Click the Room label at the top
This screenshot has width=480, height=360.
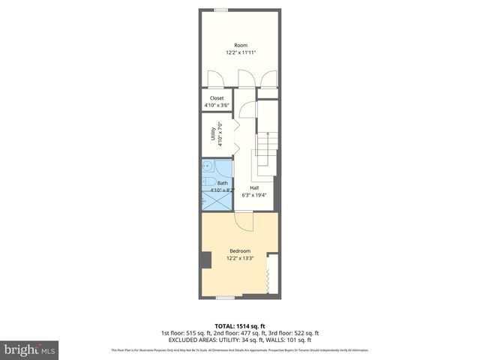click(x=240, y=45)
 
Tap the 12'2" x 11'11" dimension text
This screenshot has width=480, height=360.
click(x=240, y=52)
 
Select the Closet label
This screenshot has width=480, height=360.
click(x=217, y=98)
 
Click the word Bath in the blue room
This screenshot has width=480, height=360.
click(x=222, y=183)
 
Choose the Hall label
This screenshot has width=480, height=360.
click(x=254, y=187)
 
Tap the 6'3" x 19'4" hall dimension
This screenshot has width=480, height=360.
click(x=254, y=195)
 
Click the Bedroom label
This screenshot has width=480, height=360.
click(x=240, y=250)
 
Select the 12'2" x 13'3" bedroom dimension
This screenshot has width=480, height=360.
click(x=240, y=258)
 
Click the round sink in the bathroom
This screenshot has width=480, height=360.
click(x=205, y=169)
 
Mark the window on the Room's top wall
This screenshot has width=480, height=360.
click(x=221, y=10)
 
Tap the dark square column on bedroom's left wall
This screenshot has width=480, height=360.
click(x=205, y=259)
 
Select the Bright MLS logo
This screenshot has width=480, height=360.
click(x=29, y=349)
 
